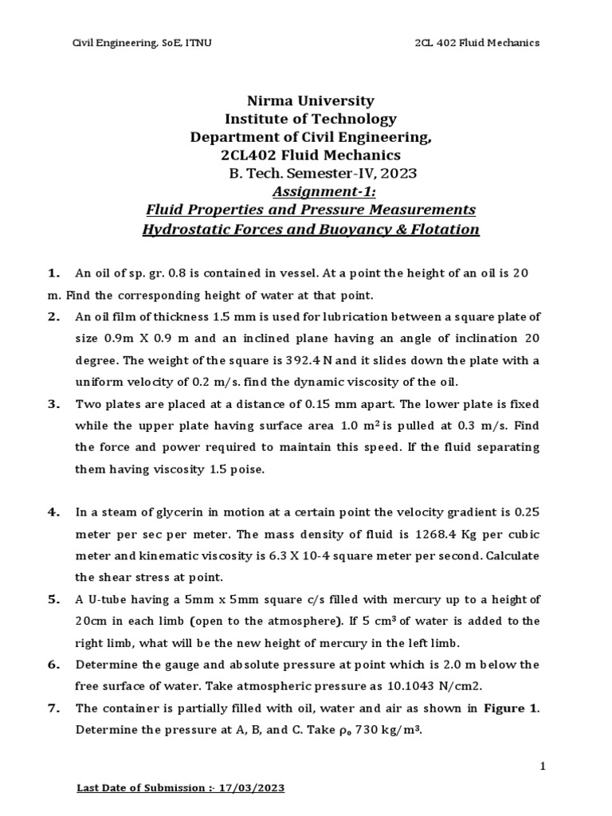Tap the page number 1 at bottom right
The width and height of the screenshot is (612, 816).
(542, 767)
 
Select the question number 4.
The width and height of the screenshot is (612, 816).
(53, 512)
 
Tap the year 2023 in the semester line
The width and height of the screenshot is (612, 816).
(398, 174)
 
